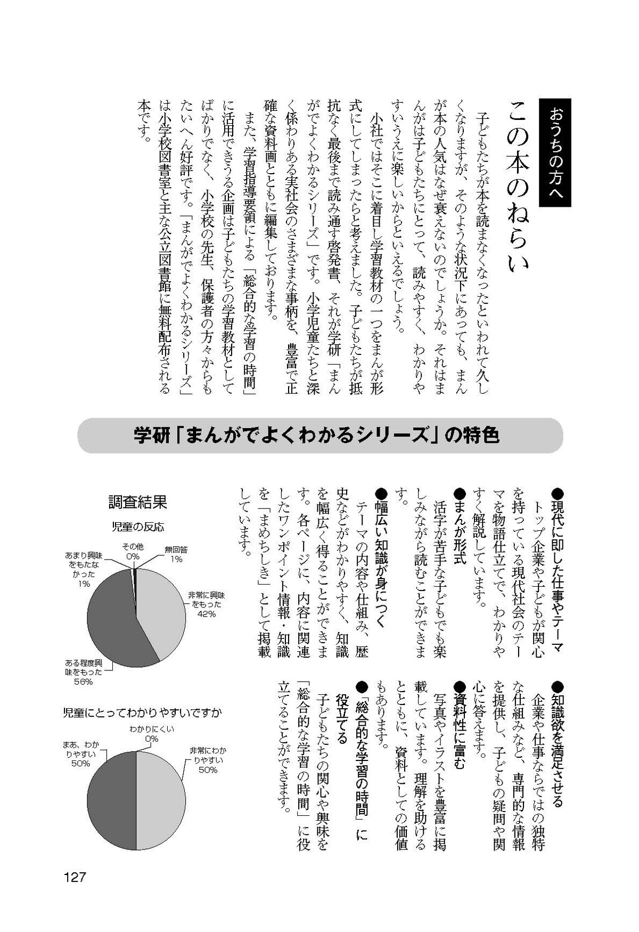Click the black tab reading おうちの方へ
click(555, 153)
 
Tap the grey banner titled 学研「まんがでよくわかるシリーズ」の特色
click(319, 436)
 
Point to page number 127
click(75, 878)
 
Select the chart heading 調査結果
click(137, 502)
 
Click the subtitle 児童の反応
click(137, 527)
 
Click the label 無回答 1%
click(176, 554)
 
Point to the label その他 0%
click(133, 552)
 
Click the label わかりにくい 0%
click(152, 734)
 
